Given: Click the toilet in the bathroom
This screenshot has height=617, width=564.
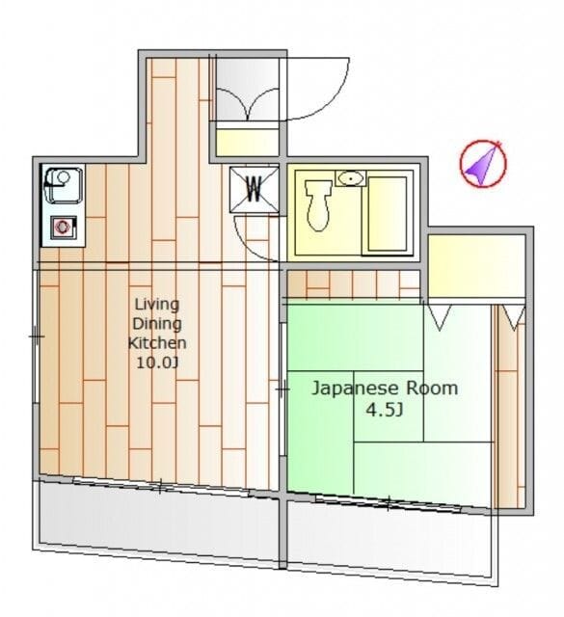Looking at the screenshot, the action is [x=318, y=205].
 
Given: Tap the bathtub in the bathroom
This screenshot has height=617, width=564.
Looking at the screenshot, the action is [x=387, y=214].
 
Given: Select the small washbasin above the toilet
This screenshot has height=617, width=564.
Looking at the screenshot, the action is [x=350, y=178].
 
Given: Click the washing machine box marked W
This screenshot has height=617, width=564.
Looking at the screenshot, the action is [x=254, y=190].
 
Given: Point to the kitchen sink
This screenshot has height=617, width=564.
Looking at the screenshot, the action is [x=64, y=184].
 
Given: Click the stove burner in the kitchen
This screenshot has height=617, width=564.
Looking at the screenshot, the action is [x=64, y=228].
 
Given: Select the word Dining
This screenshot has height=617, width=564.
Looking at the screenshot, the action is [x=157, y=324].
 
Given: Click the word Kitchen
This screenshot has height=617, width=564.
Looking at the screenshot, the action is [x=157, y=343].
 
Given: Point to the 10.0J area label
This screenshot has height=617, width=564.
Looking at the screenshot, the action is [x=157, y=362].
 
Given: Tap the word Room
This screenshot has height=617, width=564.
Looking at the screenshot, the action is [x=432, y=389].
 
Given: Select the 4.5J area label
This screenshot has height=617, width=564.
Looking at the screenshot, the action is [x=385, y=411].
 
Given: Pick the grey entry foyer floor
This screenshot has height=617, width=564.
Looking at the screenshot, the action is [x=248, y=89].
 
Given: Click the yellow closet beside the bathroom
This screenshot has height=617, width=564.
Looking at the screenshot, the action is [x=476, y=266].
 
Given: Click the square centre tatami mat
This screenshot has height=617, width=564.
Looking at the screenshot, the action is [x=389, y=406].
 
